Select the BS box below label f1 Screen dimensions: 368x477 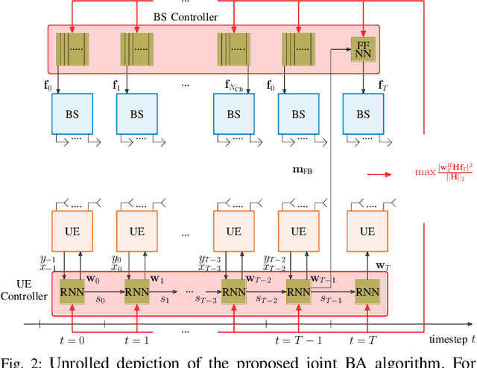[x=137, y=115]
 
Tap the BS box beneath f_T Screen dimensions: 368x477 [x=362, y=115]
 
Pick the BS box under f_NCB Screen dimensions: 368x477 [x=233, y=115]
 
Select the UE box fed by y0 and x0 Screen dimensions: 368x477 [x=137, y=232]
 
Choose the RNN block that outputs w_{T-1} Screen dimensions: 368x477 [x=298, y=291]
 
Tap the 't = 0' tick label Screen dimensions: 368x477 [x=72, y=339]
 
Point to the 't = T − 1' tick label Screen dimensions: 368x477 [x=297, y=339]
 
